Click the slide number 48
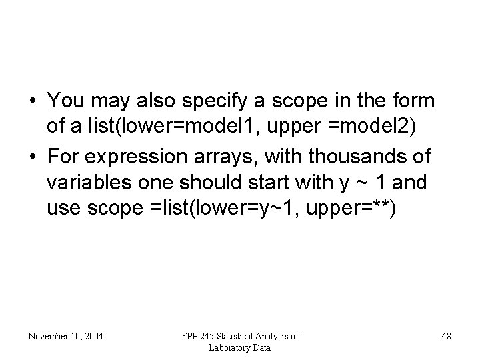tap(446, 336)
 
